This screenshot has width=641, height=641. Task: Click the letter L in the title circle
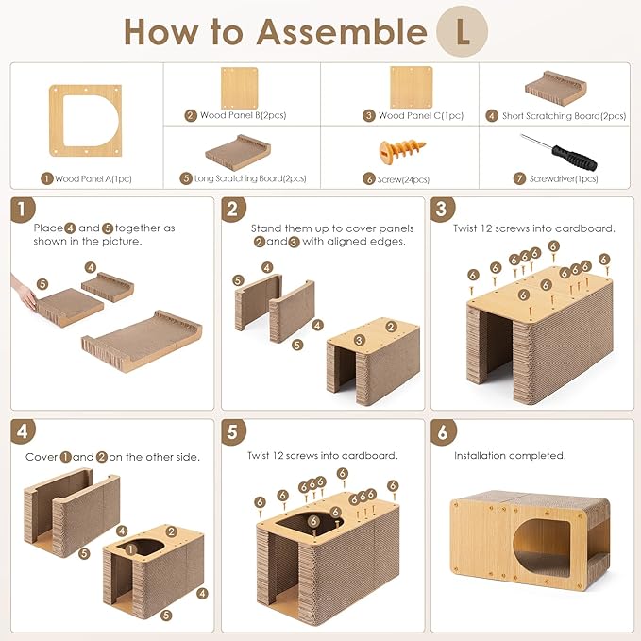pos(463,32)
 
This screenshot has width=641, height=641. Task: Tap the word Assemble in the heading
pos(342,32)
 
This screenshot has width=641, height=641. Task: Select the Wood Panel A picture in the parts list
pos(86,121)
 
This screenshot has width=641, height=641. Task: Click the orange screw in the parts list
pos(402,150)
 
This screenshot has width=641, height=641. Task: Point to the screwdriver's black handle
pos(574,159)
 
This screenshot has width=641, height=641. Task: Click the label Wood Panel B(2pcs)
pos(243,115)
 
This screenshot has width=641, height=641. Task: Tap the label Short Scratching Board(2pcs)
pos(564,116)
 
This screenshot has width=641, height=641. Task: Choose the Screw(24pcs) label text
pos(403,179)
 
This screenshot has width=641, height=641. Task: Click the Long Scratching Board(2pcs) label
pos(250,178)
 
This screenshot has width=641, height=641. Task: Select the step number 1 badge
pos(22,210)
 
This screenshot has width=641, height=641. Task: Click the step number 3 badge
pos(443,210)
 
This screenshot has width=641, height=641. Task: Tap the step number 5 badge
pos(233,431)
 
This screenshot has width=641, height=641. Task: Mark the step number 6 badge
pos(443,432)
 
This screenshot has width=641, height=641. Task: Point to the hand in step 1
pos(24,293)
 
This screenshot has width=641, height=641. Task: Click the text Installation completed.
pos(510,455)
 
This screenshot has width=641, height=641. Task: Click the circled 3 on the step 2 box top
pos(359,340)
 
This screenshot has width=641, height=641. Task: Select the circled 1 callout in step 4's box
pos(130,549)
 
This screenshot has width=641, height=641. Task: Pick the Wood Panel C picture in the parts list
pos(412,88)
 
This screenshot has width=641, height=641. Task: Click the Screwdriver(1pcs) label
pos(564,179)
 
